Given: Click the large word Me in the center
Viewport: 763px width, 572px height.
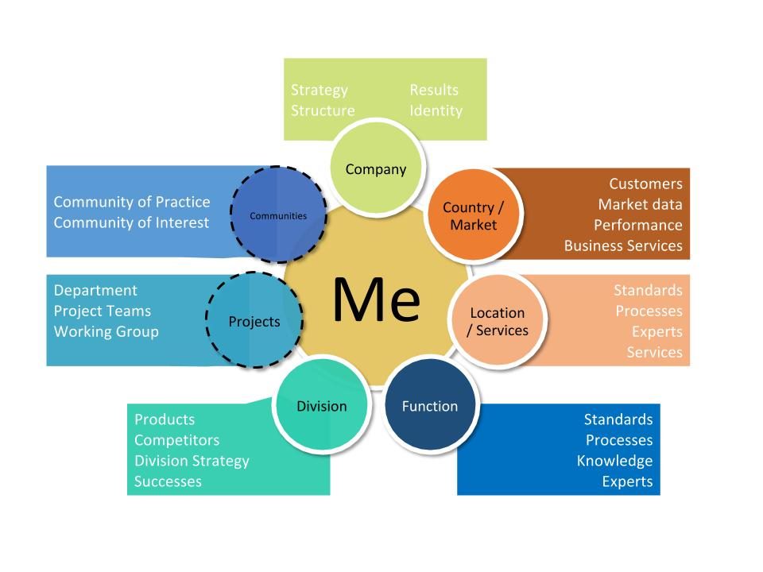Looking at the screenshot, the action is tap(376, 300).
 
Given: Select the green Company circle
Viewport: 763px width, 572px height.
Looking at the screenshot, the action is tap(377, 167).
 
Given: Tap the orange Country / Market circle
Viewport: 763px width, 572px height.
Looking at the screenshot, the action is tap(473, 214).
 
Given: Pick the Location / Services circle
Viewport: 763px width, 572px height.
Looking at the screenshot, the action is tap(498, 321).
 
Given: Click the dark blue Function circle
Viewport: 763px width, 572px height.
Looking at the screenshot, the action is tap(430, 405).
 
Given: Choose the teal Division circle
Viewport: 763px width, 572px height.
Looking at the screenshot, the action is tap(322, 405).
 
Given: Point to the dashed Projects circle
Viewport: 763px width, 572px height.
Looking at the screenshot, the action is tap(254, 320).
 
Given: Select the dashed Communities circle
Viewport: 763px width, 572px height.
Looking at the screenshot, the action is tap(278, 214).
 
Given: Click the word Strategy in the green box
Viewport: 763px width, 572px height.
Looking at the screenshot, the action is tap(320, 91).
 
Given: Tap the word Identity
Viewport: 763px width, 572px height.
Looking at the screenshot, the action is tap(436, 111).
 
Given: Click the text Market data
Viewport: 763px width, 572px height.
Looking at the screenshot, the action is tap(640, 204).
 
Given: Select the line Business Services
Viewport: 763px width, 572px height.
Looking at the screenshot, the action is tap(623, 245).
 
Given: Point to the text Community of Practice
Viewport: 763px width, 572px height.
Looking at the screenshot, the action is tap(132, 202).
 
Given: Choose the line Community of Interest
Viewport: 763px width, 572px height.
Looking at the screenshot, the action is tap(131, 222).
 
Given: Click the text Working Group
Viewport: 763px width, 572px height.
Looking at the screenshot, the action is tap(107, 332).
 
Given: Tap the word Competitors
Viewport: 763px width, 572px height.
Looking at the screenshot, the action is tap(176, 440).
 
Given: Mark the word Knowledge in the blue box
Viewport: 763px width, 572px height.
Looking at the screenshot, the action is tap(614, 461).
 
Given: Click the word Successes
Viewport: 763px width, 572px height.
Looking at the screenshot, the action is tap(168, 481).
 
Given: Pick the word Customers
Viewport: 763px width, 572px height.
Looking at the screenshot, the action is tap(645, 184).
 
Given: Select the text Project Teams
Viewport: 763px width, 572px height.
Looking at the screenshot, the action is tap(103, 311).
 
